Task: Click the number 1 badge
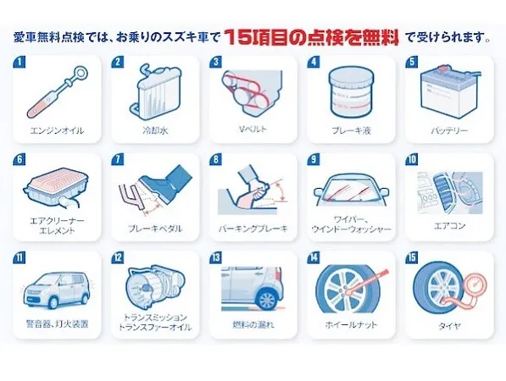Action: [19, 62]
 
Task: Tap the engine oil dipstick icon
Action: [57, 92]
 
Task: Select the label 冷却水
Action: [155, 130]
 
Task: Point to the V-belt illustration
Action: [252, 92]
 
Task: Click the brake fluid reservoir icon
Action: [352, 92]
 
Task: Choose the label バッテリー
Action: [449, 130]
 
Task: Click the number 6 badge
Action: [19, 159]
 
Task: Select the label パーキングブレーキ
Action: [253, 229]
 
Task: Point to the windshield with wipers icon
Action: [352, 190]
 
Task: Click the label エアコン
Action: [449, 225]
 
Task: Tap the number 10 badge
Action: [412, 159]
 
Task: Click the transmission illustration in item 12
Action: [156, 285]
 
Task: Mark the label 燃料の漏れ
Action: [253, 324]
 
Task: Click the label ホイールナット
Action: [351, 324]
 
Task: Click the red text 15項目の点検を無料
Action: [311, 37]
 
